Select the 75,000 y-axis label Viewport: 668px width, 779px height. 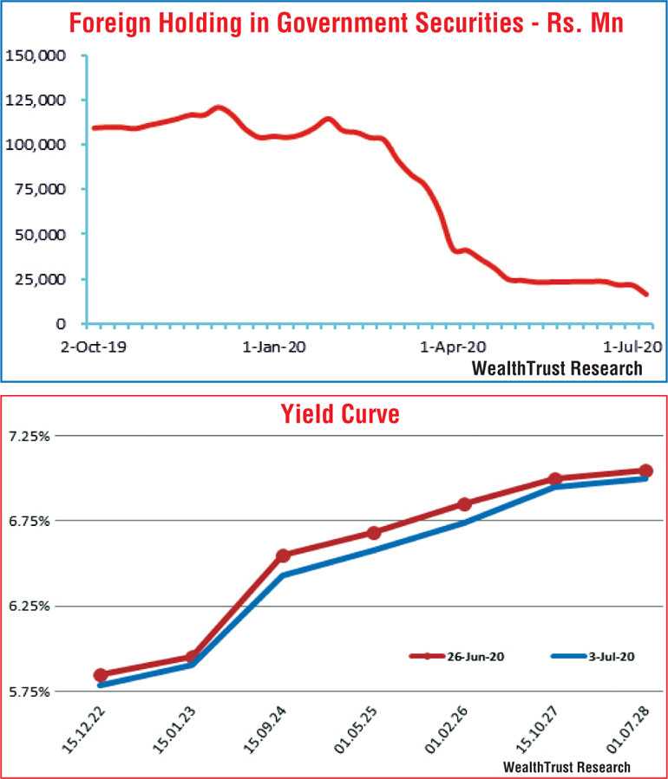click(x=39, y=190)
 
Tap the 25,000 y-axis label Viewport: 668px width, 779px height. click(x=39, y=279)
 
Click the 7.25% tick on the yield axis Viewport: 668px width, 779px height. click(x=29, y=436)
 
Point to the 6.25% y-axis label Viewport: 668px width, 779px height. click(x=29, y=606)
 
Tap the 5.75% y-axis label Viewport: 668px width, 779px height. click(x=29, y=691)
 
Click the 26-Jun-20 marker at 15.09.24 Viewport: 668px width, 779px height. click(x=283, y=555)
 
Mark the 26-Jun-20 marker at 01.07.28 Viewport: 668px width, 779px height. click(x=645, y=471)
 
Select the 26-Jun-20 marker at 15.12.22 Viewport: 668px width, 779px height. click(x=101, y=675)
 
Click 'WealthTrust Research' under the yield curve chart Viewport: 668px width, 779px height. click(x=566, y=767)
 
